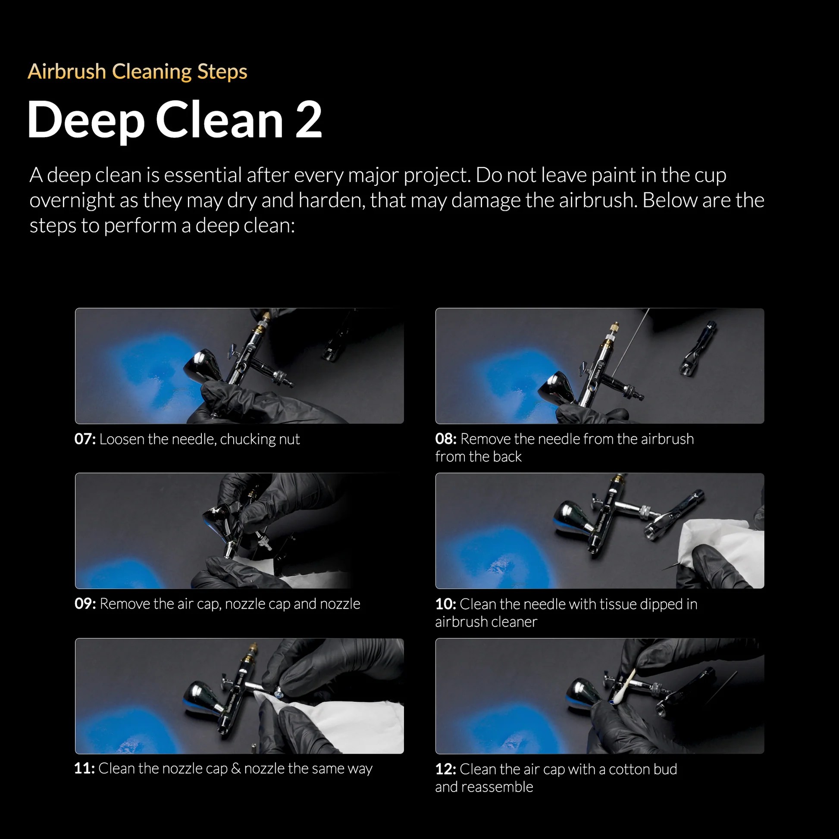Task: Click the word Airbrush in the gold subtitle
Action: coord(67,71)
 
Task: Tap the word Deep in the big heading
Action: coord(86,121)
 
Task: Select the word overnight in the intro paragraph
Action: coord(84,200)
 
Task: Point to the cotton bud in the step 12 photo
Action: coord(623,686)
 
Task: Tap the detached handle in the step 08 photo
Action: coord(698,348)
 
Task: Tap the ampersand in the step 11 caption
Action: coord(236,768)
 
